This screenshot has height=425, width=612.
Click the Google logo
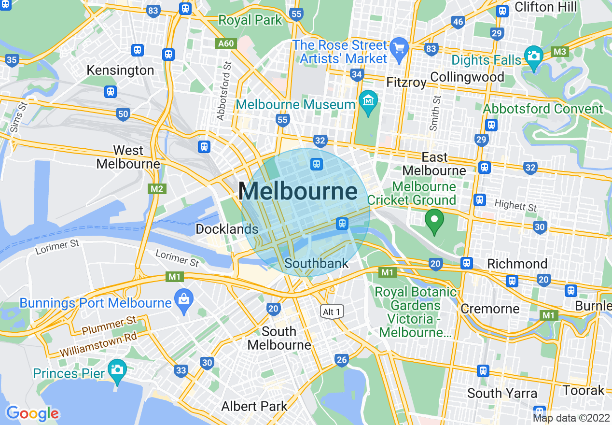[x=32, y=413]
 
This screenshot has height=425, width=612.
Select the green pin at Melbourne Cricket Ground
[x=434, y=221]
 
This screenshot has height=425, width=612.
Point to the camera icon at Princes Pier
[x=117, y=370]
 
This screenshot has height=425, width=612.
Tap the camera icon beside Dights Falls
[x=533, y=56]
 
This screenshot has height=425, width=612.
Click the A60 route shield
[x=225, y=44]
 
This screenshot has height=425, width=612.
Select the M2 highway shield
[x=157, y=188]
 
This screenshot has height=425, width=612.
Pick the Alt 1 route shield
[x=332, y=312]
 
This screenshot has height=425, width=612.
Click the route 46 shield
[x=458, y=22]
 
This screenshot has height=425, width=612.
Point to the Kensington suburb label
[x=120, y=71]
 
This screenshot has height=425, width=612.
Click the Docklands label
[x=227, y=229]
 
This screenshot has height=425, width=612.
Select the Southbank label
[x=316, y=263]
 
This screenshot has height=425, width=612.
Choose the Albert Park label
[x=254, y=406]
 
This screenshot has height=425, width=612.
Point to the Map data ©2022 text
[x=571, y=418]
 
